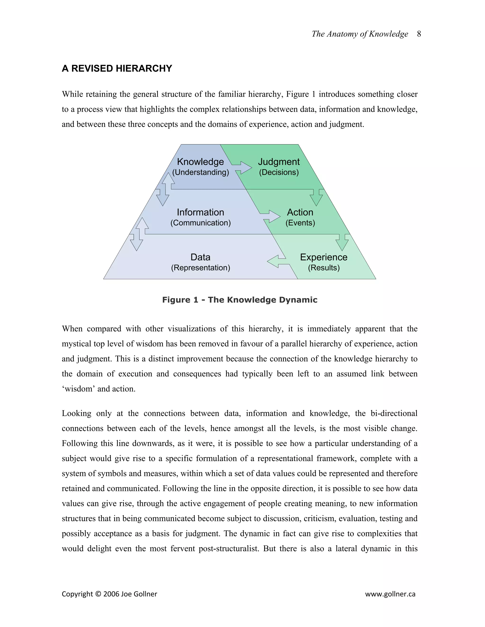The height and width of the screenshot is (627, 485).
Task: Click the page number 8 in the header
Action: tap(419, 34)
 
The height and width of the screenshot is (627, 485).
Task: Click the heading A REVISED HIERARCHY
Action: tap(117, 68)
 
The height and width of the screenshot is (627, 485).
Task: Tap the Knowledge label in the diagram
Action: tap(200, 162)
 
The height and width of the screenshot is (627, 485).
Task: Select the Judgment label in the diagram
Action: tap(279, 162)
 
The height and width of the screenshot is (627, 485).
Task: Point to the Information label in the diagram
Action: tap(200, 212)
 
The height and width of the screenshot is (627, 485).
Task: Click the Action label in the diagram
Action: tap(300, 212)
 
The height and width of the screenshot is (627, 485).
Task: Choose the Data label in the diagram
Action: tap(200, 257)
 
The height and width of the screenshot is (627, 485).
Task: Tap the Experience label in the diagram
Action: tap(323, 257)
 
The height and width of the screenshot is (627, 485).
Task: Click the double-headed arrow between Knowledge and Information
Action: tap(166, 189)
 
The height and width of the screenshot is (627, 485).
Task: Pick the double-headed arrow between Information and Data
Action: tap(139, 234)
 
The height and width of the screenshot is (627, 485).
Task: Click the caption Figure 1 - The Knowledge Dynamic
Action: tap(240, 300)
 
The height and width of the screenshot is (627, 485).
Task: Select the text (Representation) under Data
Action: tap(200, 268)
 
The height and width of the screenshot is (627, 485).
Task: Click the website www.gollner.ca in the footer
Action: tap(390, 594)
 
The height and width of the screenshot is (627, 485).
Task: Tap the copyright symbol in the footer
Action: tap(98, 594)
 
